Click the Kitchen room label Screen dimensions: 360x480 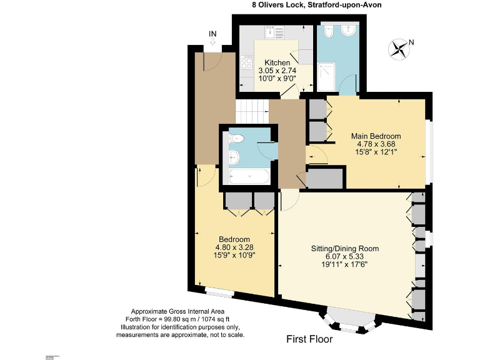coord(277,63)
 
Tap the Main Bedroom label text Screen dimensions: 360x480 coord(376,136)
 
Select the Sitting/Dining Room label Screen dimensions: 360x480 coord(345,249)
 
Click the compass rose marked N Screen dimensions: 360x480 coord(398,49)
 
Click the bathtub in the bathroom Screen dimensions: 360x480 coord(249,176)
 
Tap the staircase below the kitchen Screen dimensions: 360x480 coord(252,111)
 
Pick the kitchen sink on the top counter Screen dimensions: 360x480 coord(273,31)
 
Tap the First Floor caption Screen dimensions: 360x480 coord(309,340)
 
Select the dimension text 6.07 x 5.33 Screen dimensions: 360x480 coord(345,256)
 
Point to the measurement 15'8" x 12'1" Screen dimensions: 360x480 coord(376,152)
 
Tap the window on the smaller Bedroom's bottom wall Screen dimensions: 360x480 coord(219,291)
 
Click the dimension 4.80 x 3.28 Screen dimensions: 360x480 coord(234,247)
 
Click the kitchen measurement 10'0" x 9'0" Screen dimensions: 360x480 coord(277,79)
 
